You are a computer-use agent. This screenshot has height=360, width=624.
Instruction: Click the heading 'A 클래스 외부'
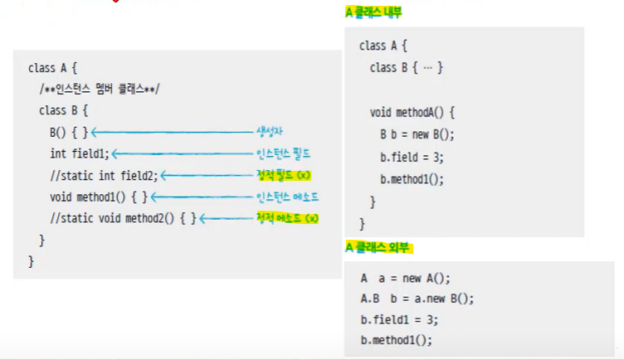tap(378, 247)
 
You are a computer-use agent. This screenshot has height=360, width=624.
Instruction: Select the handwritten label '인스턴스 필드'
tap(287, 153)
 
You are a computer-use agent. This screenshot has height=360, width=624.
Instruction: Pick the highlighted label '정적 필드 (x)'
tap(287, 175)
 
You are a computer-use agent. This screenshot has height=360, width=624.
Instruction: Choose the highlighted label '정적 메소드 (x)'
tap(287, 218)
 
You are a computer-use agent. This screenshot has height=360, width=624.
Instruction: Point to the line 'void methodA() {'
tap(412, 111)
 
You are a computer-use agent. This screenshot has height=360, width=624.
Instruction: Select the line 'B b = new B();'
tap(417, 134)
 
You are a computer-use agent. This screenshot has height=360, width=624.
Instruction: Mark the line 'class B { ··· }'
tap(407, 67)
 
